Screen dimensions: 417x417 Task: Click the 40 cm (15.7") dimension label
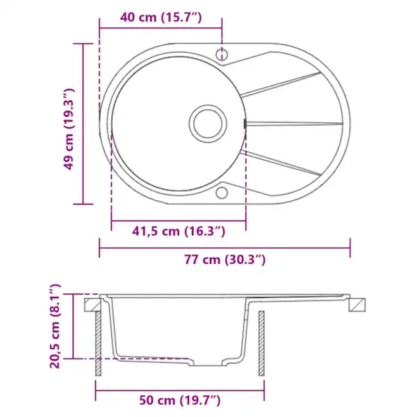click(x=161, y=17)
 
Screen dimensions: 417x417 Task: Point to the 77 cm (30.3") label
click(x=225, y=260)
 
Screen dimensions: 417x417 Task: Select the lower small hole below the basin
click(x=222, y=193)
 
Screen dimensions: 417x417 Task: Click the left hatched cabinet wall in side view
click(x=99, y=344)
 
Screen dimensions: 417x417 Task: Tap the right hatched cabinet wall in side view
click(x=262, y=344)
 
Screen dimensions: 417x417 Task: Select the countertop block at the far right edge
click(x=357, y=304)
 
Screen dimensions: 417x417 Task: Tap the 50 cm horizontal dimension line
click(x=180, y=386)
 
